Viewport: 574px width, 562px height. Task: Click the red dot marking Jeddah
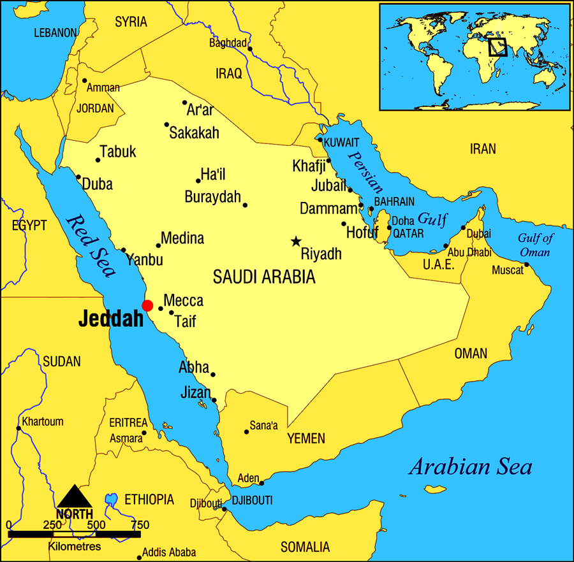(x=147, y=305)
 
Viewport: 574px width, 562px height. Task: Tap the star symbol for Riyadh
(x=296, y=241)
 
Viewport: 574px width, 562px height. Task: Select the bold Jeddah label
(x=111, y=320)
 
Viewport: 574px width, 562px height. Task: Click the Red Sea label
(x=91, y=246)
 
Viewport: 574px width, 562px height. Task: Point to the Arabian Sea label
(x=470, y=467)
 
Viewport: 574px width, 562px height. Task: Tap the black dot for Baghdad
(x=250, y=48)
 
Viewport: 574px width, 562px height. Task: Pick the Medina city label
(x=182, y=238)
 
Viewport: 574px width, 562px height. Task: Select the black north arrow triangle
(x=75, y=496)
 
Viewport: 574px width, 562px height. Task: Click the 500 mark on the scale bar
(x=96, y=525)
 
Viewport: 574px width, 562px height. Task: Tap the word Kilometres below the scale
(x=75, y=547)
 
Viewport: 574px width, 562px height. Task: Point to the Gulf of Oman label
(x=536, y=245)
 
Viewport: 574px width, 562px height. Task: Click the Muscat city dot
(x=527, y=264)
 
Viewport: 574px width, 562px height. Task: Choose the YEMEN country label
(x=306, y=438)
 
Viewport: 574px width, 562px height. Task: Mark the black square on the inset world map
(x=497, y=47)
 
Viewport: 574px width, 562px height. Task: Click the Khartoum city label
(x=43, y=421)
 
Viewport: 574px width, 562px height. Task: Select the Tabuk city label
(x=119, y=152)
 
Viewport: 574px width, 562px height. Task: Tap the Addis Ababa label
(x=169, y=552)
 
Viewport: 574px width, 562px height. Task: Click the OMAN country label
(x=471, y=354)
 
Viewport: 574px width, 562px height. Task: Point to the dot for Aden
(x=261, y=483)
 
